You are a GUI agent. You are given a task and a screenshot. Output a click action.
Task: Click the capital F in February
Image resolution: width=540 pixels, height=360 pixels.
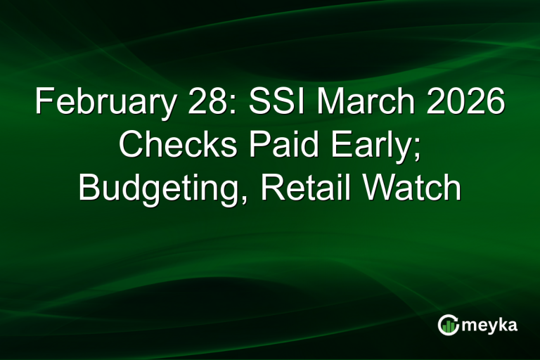(43, 104)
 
